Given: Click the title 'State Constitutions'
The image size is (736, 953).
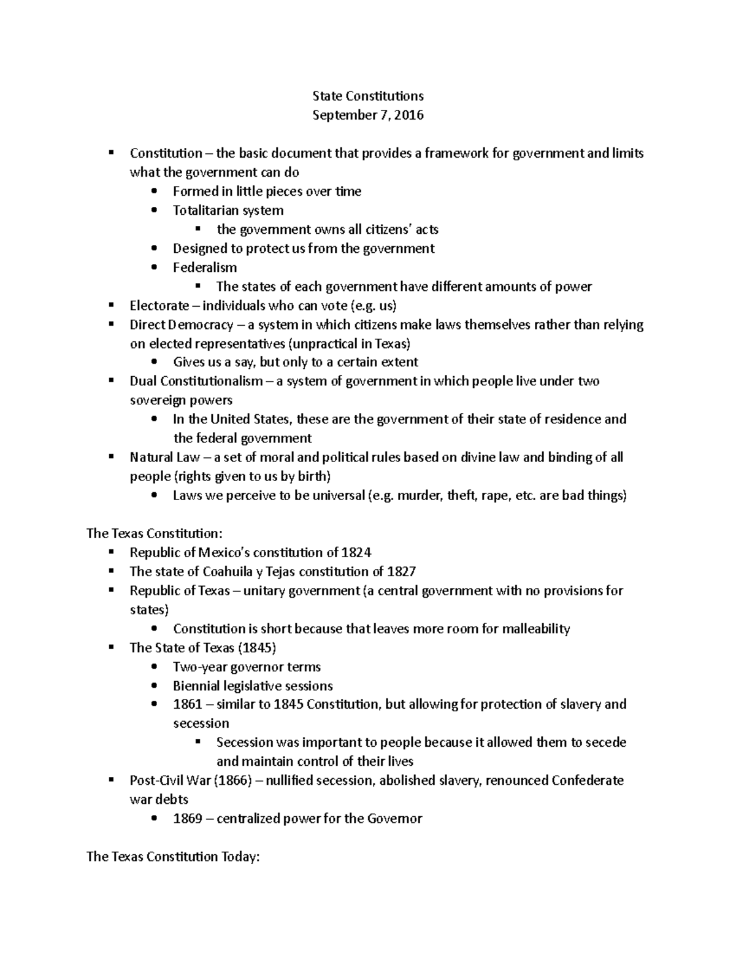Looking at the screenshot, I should (368, 96).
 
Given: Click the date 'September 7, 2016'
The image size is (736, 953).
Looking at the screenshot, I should (368, 115).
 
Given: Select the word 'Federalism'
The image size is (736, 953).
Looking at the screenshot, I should (205, 268).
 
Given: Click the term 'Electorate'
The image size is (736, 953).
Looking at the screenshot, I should (159, 306).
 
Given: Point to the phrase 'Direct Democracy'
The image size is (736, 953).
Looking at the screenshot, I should (182, 325).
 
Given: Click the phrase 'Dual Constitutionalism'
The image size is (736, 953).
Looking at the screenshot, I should (196, 381).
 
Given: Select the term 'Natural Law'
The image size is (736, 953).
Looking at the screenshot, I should (161, 457).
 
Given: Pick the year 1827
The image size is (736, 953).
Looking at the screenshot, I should (401, 571).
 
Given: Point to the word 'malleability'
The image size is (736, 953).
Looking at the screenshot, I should (536, 629).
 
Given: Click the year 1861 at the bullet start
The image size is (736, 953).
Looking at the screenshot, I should (188, 704).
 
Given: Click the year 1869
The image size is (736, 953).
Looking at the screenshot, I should (188, 819).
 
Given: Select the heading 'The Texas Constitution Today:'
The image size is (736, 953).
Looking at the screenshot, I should (174, 857).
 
